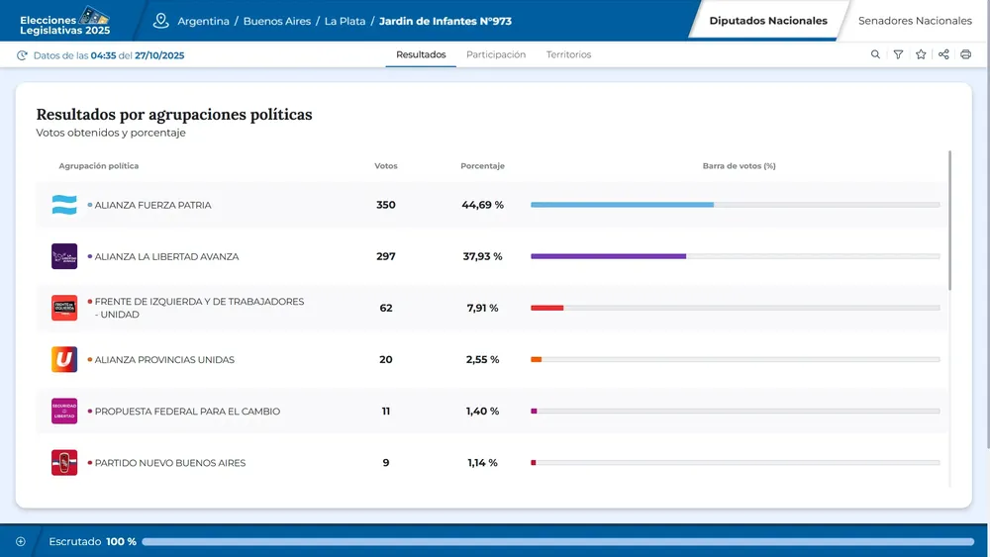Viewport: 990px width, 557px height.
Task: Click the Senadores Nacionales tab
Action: coord(914,21)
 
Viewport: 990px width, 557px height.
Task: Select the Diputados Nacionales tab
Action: coord(768,21)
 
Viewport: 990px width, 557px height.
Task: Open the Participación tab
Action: coord(496,54)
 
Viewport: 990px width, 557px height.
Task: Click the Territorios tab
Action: coord(568,54)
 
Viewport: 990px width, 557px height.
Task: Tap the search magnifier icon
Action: coord(875,54)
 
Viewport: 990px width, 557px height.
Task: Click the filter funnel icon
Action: coord(898,54)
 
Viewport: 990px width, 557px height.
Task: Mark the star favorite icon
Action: coord(921,54)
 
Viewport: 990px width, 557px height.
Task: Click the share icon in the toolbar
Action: coord(943,54)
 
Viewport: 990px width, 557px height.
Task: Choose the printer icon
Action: coord(966,54)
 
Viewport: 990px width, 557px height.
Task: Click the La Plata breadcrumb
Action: coord(346,21)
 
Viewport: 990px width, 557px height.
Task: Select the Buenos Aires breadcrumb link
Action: coord(276,21)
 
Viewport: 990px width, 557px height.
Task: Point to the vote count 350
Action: coord(386,205)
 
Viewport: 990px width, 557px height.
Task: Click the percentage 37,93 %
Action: coord(484,256)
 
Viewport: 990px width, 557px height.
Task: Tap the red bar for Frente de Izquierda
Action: coord(547,308)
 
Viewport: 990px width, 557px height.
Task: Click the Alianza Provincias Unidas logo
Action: coord(64,359)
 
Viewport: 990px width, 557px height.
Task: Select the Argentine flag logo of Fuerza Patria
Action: coord(64,205)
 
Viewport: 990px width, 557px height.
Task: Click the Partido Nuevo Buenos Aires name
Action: coord(169,463)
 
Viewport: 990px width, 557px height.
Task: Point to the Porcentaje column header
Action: coord(482,166)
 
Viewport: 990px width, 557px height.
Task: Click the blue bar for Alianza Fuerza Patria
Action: coord(622,205)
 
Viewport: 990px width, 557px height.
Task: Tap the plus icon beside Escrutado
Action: coord(21,541)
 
